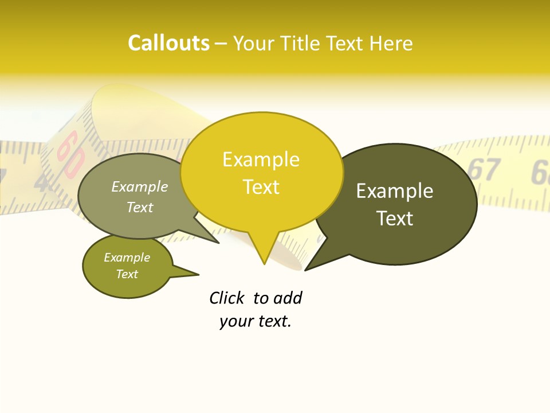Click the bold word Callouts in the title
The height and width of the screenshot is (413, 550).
pos(168,44)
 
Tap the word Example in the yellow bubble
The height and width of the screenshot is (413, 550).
pos(261,159)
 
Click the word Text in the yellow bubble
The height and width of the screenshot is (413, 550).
pos(261,187)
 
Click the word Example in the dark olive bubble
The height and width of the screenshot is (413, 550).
pos(395,191)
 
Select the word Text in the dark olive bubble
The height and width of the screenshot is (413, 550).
pos(395,219)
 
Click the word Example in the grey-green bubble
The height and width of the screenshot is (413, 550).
pos(140,187)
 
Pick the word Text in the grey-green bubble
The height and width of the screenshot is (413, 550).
pos(140,208)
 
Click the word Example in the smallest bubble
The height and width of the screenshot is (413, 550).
pos(127,258)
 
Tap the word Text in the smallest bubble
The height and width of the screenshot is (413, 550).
pos(127,274)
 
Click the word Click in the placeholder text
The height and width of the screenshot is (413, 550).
pos(226,298)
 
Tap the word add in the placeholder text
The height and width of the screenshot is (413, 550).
pos(288,298)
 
